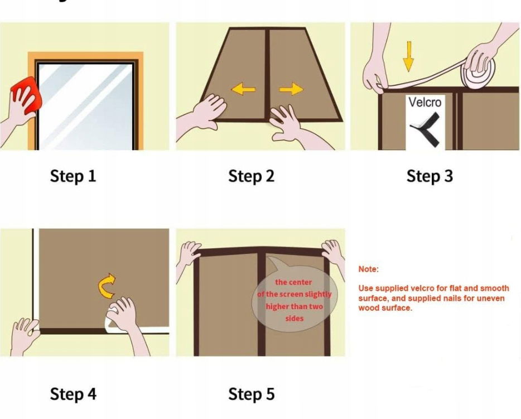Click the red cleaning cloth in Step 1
[27, 95]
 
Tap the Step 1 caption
[73, 176]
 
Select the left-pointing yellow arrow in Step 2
[244, 89]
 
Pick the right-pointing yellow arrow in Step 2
[291, 89]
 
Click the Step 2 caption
[252, 176]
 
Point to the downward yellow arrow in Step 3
[409, 56]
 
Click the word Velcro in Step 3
[425, 102]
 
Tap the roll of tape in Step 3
[478, 73]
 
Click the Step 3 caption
[430, 176]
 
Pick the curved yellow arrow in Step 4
[107, 286]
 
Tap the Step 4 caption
[73, 394]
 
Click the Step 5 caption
[252, 394]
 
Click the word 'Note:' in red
[369, 269]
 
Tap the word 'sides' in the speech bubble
[295, 319]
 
